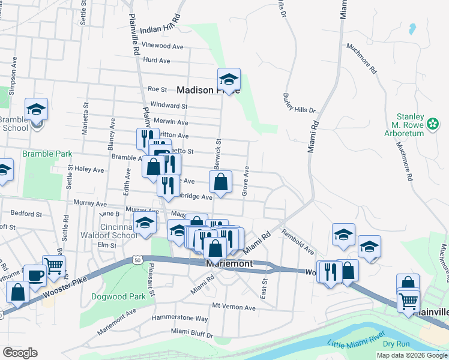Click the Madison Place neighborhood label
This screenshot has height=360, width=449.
pyautogui.click(x=207, y=90)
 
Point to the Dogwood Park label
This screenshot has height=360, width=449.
pyautogui.click(x=119, y=296)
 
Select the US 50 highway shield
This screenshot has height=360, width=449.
pyautogui.click(x=137, y=259)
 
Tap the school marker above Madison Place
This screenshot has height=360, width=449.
pyautogui.click(x=229, y=79)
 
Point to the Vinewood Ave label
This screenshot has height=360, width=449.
pyautogui.click(x=163, y=46)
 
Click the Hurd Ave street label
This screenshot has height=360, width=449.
pyautogui.click(x=157, y=60)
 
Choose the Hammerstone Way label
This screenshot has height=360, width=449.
pyautogui.click(x=179, y=318)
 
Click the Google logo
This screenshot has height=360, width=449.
pyautogui.click(x=20, y=353)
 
